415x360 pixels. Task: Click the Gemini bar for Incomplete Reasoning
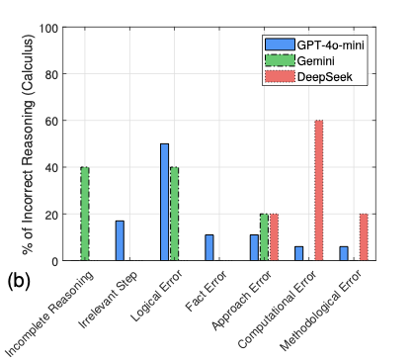(x=84, y=214)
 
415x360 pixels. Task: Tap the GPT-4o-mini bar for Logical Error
(x=164, y=202)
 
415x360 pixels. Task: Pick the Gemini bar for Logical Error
(x=175, y=214)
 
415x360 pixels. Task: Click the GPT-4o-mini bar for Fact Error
(x=208, y=247)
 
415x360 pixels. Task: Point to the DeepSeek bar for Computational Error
(x=319, y=190)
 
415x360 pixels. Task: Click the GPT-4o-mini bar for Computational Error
(x=298, y=253)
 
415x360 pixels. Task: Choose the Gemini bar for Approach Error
(x=264, y=237)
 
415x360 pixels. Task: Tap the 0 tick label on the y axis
(x=52, y=261)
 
